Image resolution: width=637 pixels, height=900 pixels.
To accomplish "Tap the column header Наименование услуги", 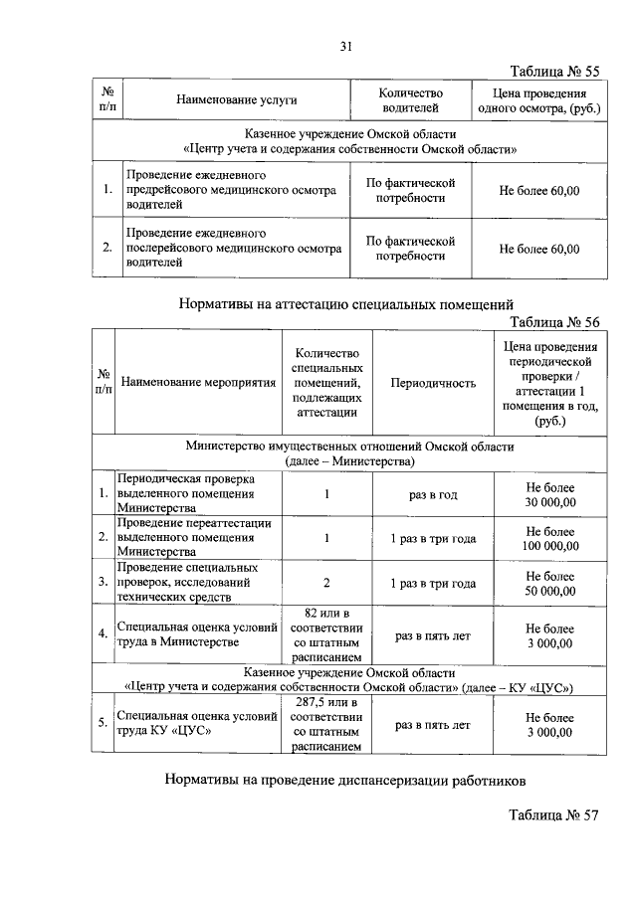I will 237,100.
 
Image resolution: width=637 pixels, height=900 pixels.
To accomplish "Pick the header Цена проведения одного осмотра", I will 538,100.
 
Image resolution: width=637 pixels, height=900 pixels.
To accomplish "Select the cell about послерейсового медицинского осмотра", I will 231,248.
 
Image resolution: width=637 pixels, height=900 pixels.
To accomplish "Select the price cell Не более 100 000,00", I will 550,539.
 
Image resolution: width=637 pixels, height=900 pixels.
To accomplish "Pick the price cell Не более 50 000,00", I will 550,583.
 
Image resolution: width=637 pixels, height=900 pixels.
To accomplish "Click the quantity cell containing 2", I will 325,583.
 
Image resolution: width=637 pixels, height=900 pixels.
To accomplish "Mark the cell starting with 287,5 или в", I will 325,726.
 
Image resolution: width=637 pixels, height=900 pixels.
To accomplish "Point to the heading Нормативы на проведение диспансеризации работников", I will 344,781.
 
